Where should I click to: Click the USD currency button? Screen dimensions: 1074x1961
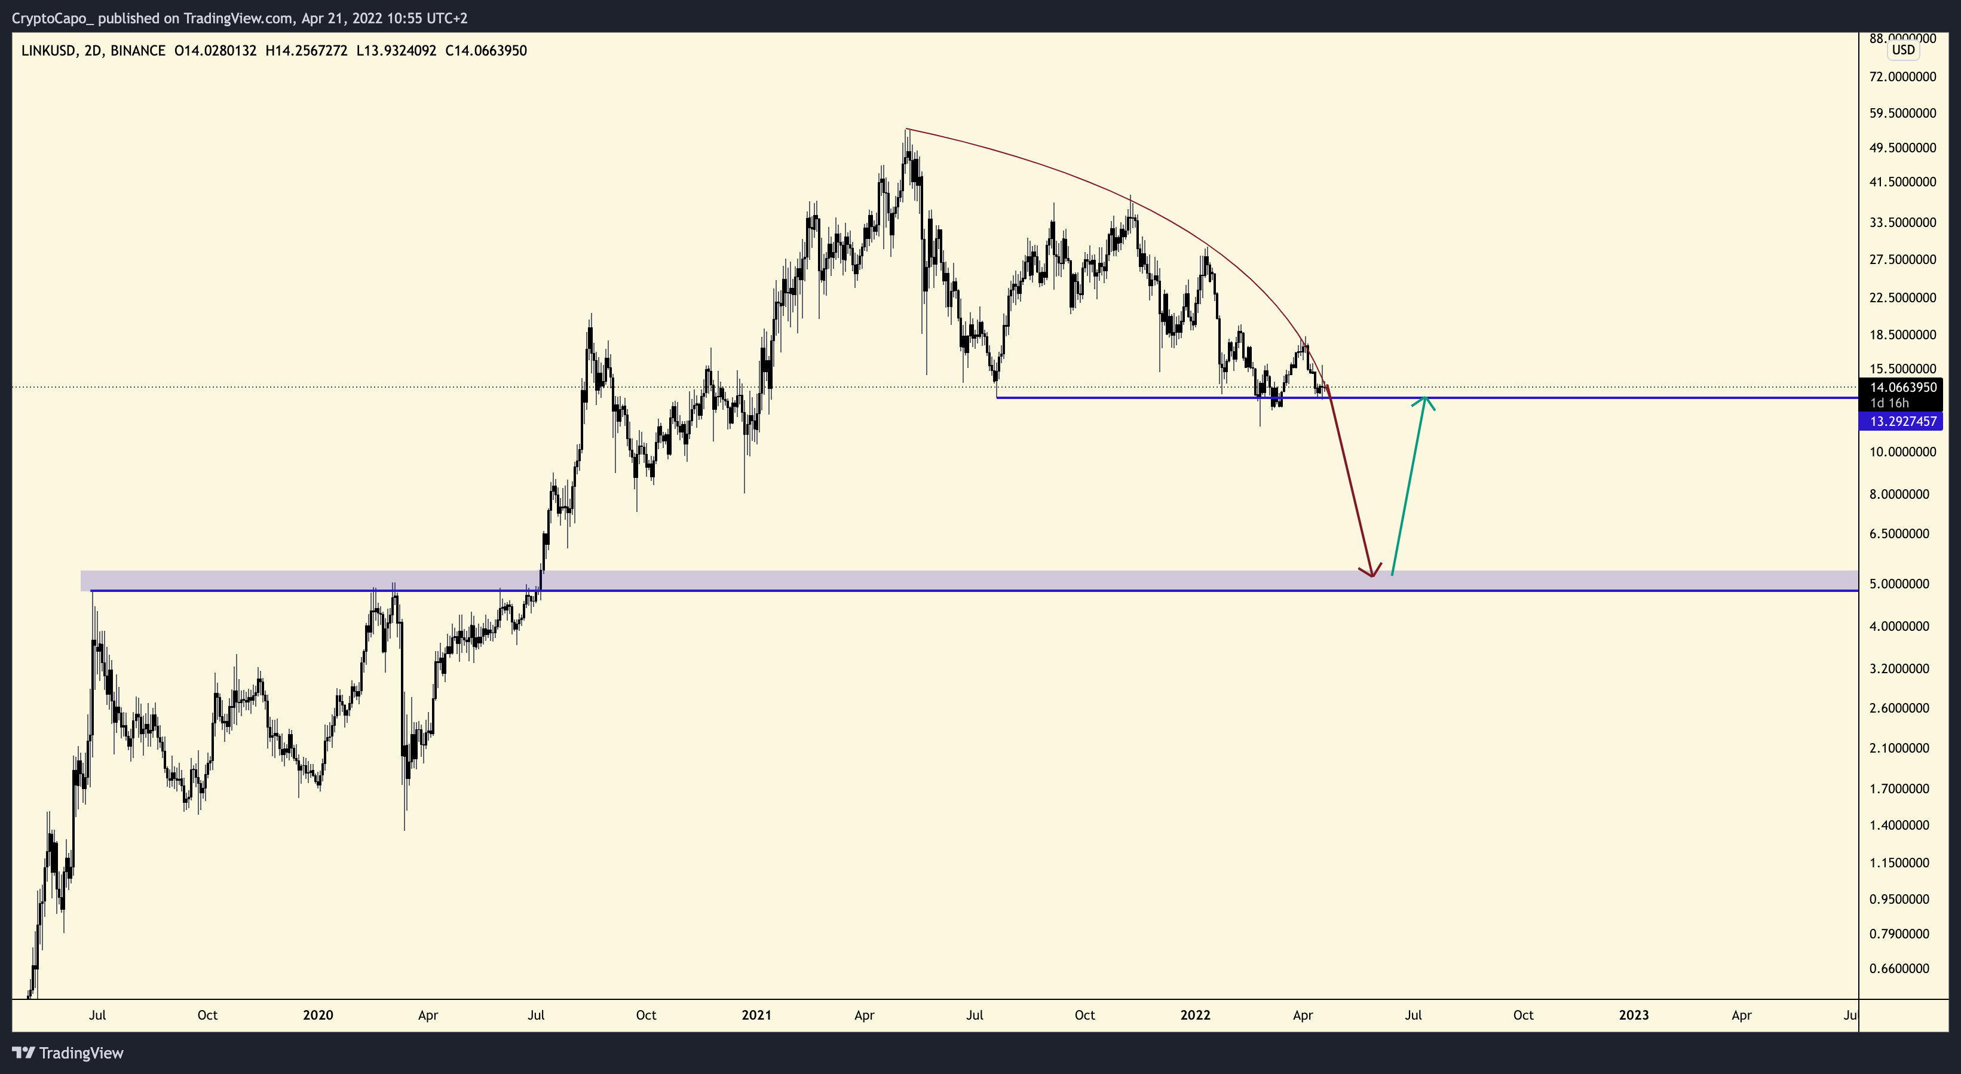1903,50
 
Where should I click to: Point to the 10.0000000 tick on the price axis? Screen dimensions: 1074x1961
1902,452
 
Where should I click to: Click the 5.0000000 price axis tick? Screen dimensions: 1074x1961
1902,584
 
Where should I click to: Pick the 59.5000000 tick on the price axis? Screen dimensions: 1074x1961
1902,113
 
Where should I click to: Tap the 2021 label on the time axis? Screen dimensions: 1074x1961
756,1015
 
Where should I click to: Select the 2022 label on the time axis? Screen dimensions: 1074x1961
1194,1015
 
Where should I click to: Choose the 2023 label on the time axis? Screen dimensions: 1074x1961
1634,1015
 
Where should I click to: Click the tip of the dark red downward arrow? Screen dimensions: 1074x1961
1372,575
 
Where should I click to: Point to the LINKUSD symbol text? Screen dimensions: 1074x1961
48,51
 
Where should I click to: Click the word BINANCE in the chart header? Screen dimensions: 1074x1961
138,51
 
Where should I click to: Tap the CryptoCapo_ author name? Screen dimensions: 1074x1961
53,17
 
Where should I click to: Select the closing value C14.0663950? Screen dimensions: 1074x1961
486,51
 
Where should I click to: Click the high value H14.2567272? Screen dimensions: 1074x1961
306,51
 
